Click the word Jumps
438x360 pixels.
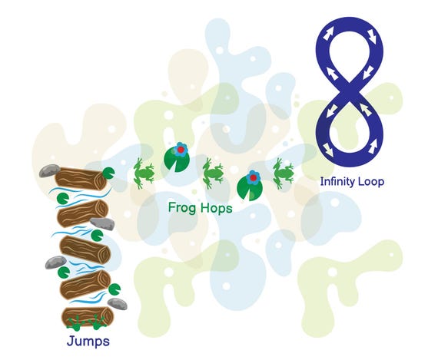pos(88,342)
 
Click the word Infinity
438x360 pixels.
pos(337,182)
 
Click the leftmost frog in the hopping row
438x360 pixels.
pos(144,173)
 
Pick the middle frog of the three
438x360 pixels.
pos(213,173)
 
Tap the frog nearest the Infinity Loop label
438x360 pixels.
pos(284,173)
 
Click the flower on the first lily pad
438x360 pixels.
pos(181,150)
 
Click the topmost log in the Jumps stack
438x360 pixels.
pos(81,179)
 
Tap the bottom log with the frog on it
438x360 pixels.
pos(88,317)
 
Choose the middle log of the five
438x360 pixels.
pos(85,249)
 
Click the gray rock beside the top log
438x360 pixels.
pos(49,171)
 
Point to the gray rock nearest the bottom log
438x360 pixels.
pos(118,304)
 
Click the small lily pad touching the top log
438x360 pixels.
pos(108,173)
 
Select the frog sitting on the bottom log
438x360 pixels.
pos(88,323)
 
